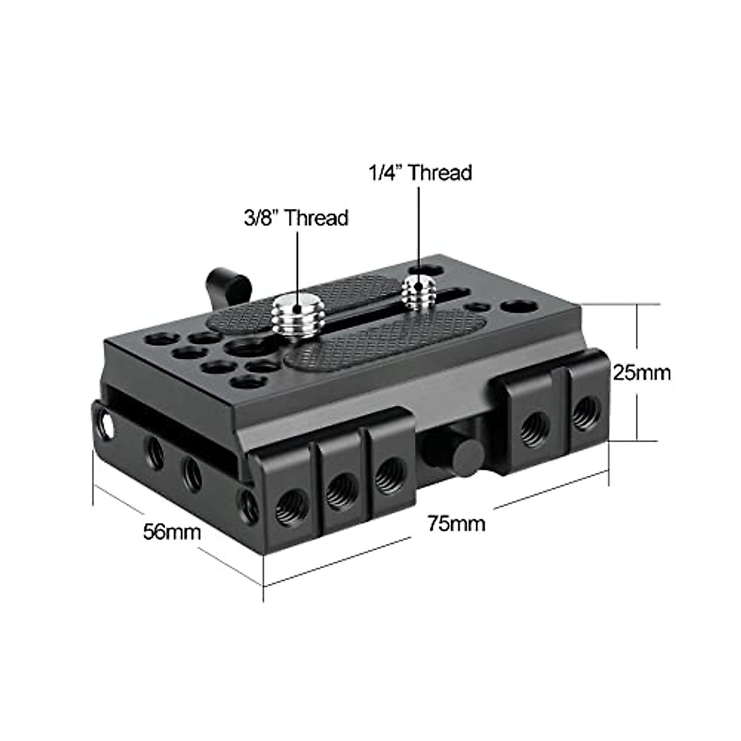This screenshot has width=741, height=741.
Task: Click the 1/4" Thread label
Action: [421, 173]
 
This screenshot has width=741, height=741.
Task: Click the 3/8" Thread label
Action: [296, 218]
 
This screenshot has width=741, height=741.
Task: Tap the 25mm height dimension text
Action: [642, 373]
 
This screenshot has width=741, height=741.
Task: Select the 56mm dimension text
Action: [172, 532]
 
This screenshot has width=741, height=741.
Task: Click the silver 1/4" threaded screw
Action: [419, 291]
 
